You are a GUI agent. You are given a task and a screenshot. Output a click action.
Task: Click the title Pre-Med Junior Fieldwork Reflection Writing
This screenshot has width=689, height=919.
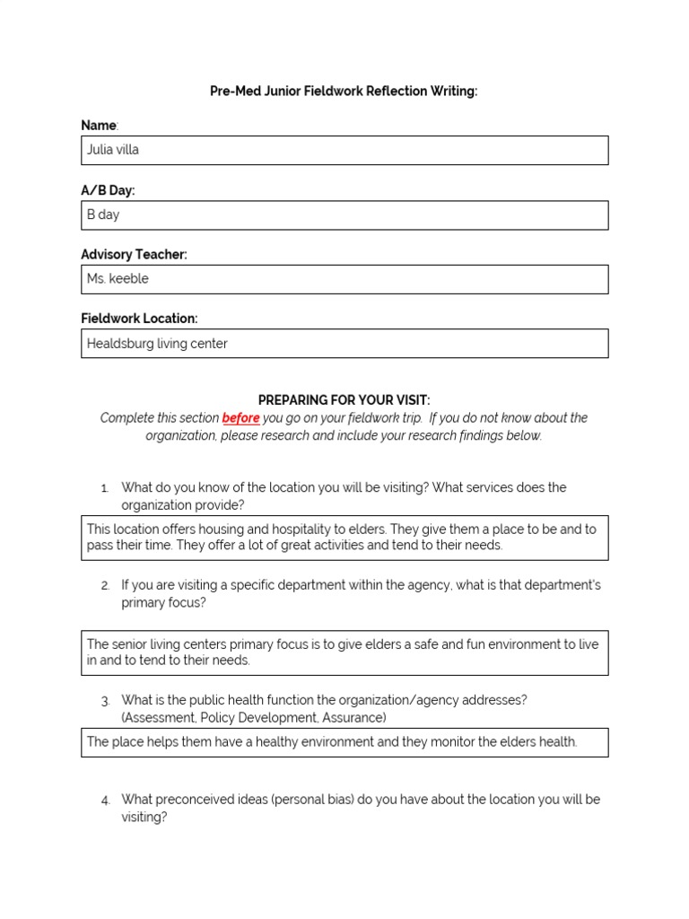pyautogui.click(x=344, y=92)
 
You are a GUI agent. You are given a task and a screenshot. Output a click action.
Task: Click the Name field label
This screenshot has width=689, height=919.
pyautogui.click(x=99, y=126)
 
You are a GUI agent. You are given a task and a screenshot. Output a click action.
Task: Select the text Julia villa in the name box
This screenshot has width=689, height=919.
pyautogui.click(x=113, y=150)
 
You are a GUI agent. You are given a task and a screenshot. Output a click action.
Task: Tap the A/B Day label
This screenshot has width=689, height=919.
pyautogui.click(x=108, y=190)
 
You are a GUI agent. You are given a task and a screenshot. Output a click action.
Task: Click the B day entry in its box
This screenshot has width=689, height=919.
pyautogui.click(x=103, y=214)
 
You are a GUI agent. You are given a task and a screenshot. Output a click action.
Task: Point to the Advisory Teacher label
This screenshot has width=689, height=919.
pyautogui.click(x=134, y=255)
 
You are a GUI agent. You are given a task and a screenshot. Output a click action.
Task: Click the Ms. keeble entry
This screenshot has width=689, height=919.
pyautogui.click(x=118, y=279)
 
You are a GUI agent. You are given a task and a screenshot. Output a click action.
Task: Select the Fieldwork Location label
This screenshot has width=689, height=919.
pyautogui.click(x=139, y=319)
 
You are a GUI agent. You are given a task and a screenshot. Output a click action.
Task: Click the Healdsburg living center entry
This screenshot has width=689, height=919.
pyautogui.click(x=157, y=344)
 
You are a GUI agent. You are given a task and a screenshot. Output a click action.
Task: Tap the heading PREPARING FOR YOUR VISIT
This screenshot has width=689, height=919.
pyautogui.click(x=344, y=400)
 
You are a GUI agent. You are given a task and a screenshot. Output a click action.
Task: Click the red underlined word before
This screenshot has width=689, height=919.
pyautogui.click(x=240, y=418)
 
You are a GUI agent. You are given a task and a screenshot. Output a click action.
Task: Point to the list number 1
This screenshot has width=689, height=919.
pyautogui.click(x=104, y=488)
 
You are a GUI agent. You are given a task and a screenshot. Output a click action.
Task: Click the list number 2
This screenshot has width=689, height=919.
pyautogui.click(x=105, y=586)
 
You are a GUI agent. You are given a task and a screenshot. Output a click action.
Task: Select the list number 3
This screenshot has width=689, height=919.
pyautogui.click(x=105, y=701)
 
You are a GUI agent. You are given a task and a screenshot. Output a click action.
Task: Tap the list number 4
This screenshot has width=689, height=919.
pyautogui.click(x=105, y=800)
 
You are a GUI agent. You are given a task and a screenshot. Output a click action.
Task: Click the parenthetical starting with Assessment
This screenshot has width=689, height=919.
pyautogui.click(x=254, y=718)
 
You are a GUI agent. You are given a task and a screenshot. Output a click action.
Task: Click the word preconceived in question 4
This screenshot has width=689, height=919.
pyautogui.click(x=195, y=799)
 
